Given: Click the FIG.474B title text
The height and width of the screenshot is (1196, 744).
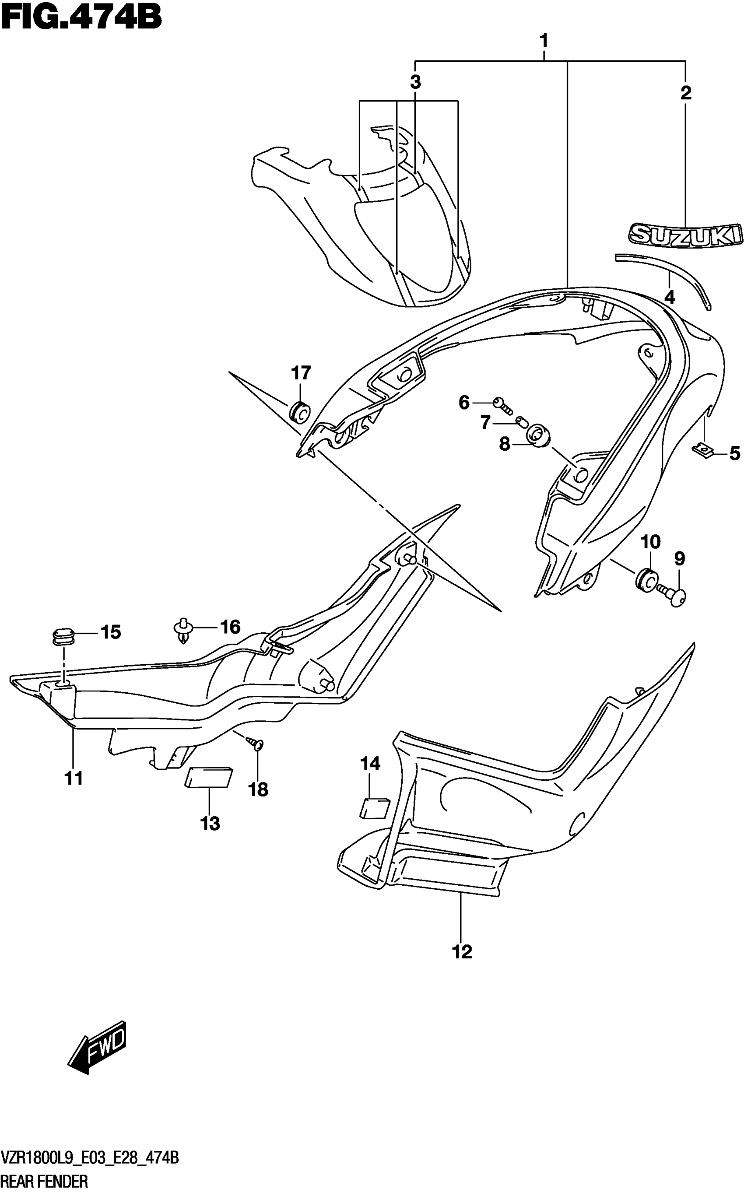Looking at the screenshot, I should pos(81,18).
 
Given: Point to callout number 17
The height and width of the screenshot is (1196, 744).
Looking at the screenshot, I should pos(301,373).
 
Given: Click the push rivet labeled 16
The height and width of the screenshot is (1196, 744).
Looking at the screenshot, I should pos(183,631).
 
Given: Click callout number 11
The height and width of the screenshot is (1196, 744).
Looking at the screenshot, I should pos(74,779).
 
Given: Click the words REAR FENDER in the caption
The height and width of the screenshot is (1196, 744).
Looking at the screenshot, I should pos(45,1181).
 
